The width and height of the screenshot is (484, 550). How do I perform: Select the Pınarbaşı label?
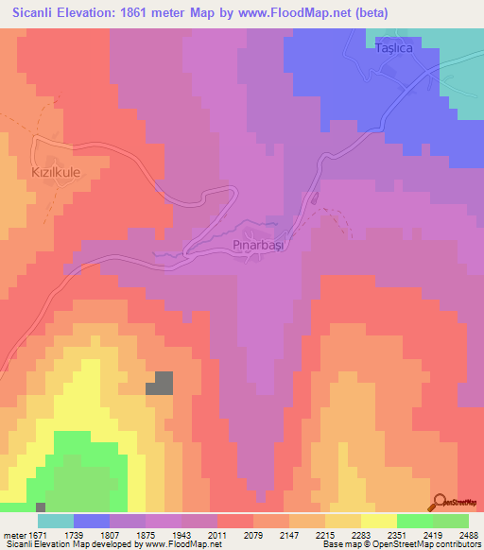tap(258, 244)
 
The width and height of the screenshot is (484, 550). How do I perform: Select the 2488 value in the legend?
tap(469, 534)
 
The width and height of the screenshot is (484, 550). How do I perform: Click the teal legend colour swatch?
tap(55, 521)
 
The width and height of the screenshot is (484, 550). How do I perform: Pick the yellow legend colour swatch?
tap(378, 521)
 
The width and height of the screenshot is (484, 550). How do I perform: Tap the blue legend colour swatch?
tap(91, 521)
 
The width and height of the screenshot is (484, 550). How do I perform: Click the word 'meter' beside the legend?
tap(17, 534)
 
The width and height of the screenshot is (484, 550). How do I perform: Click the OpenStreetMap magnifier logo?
tap(441, 502)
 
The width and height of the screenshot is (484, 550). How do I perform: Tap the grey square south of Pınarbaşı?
tap(160, 383)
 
